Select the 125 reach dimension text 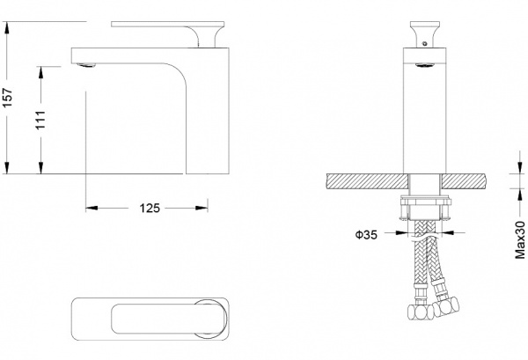click(x=149, y=209)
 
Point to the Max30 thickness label click(x=520, y=238)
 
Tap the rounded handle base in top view click(x=211, y=318)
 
